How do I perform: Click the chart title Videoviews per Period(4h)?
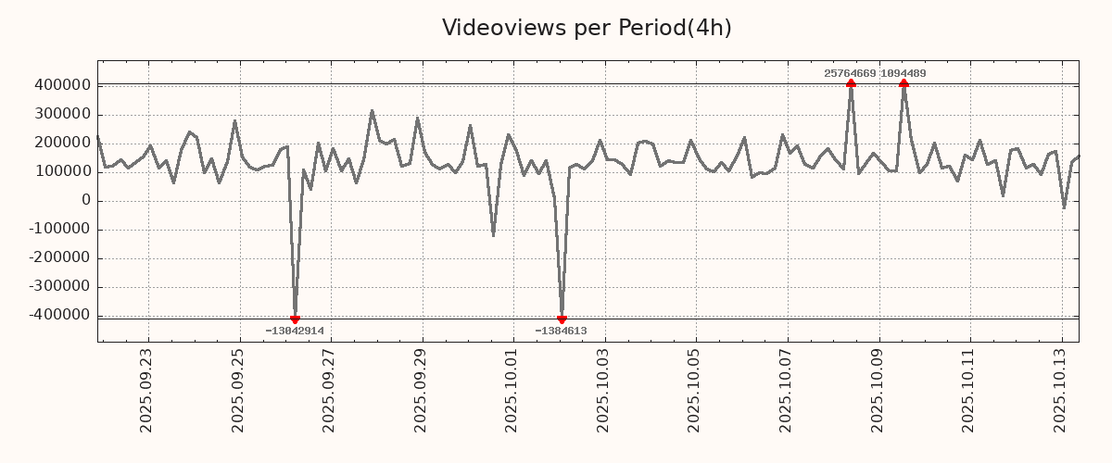[587, 28]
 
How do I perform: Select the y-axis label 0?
[85, 201]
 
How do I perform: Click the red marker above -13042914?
[295, 319]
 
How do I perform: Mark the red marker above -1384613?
[562, 319]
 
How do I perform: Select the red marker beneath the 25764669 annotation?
[851, 83]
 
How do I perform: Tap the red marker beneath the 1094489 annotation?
[903, 83]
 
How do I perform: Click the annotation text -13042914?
[295, 331]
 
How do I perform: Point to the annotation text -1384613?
[561, 331]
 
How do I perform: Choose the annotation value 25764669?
[850, 73]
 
